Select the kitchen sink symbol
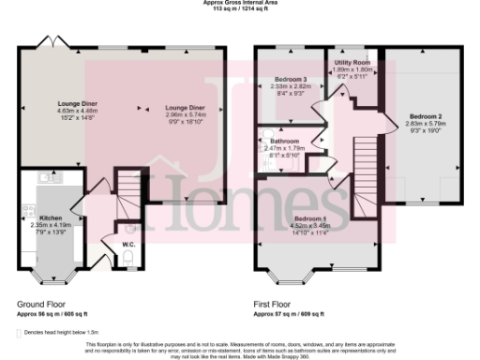44,177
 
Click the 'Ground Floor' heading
40,304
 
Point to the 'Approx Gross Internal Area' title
239,3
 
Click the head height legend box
21,332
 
